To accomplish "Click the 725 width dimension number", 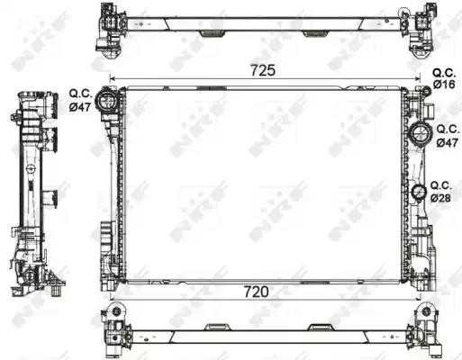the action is (263, 70).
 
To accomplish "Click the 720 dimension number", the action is (256, 292).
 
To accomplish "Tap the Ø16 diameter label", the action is (445, 85).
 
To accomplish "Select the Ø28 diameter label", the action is (440, 198).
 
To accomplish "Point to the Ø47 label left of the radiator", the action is (80, 107).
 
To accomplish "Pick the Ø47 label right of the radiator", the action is (448, 142).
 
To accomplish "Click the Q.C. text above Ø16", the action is (444, 73).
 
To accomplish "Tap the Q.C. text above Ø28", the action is (441, 186).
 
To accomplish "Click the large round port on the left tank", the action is (105, 101).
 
